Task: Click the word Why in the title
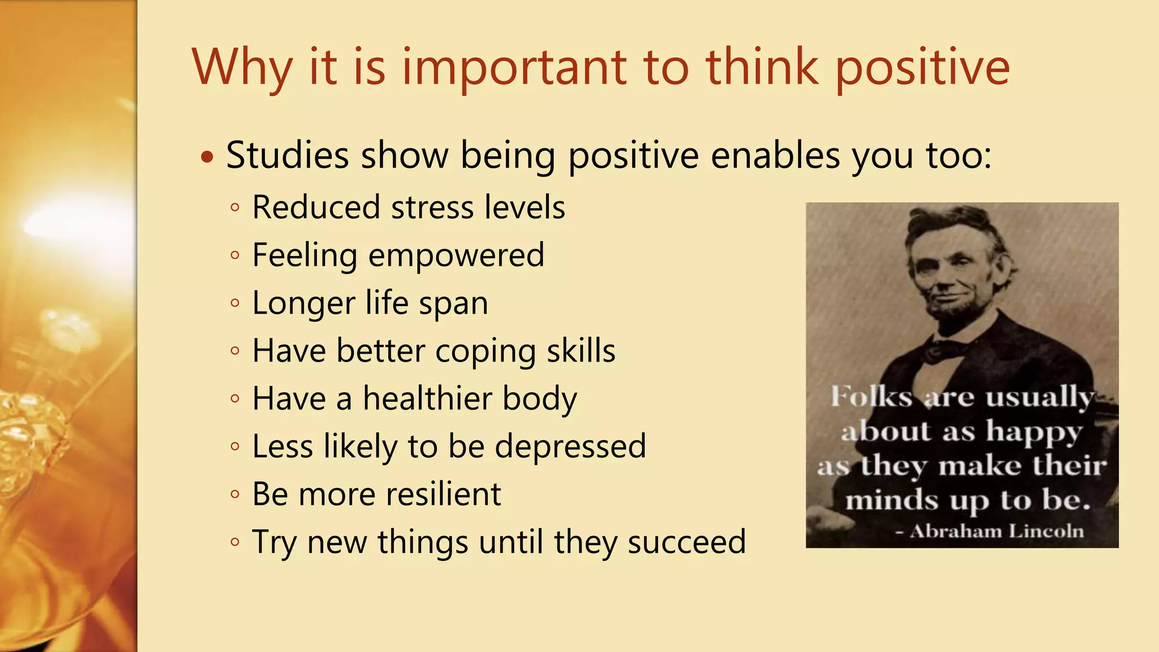coord(242,68)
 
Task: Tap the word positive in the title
coord(922,68)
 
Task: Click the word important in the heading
coord(514,68)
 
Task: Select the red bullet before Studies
coord(208,157)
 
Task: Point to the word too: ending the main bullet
coord(958,155)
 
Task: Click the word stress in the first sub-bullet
coord(432,207)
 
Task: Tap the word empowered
coord(456,256)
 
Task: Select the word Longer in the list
coord(303,303)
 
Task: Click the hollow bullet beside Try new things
coord(235,542)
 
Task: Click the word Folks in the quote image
coord(871,396)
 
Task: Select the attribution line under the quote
coord(989,531)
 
